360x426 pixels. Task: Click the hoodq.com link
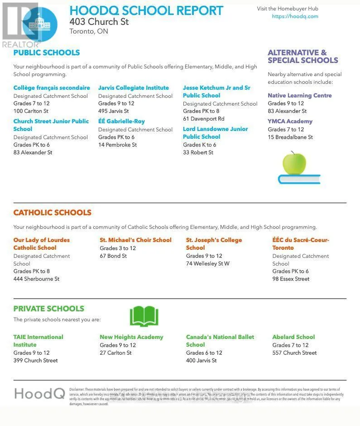click(295, 16)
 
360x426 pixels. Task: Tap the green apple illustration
click(294, 164)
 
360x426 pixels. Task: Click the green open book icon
click(144, 316)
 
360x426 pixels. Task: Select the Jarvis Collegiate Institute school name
click(134, 88)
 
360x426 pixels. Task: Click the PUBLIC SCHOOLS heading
click(46, 53)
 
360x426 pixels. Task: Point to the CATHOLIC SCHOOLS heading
click(52, 213)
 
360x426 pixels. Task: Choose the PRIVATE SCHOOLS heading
click(48, 309)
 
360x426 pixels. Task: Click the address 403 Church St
click(99, 21)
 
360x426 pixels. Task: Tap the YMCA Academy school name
click(290, 121)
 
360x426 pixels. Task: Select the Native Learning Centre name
click(299, 96)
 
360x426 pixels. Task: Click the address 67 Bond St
click(113, 256)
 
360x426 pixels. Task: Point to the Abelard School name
click(293, 337)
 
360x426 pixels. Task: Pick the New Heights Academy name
click(131, 337)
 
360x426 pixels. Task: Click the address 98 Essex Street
click(291, 279)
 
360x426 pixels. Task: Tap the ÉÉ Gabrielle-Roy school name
click(121, 121)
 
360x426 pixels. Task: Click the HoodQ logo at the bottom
click(39, 393)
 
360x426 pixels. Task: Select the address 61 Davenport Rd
click(203, 119)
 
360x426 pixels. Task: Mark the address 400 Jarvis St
click(201, 360)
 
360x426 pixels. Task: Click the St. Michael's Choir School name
click(135, 240)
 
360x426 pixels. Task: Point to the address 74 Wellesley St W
click(207, 263)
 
